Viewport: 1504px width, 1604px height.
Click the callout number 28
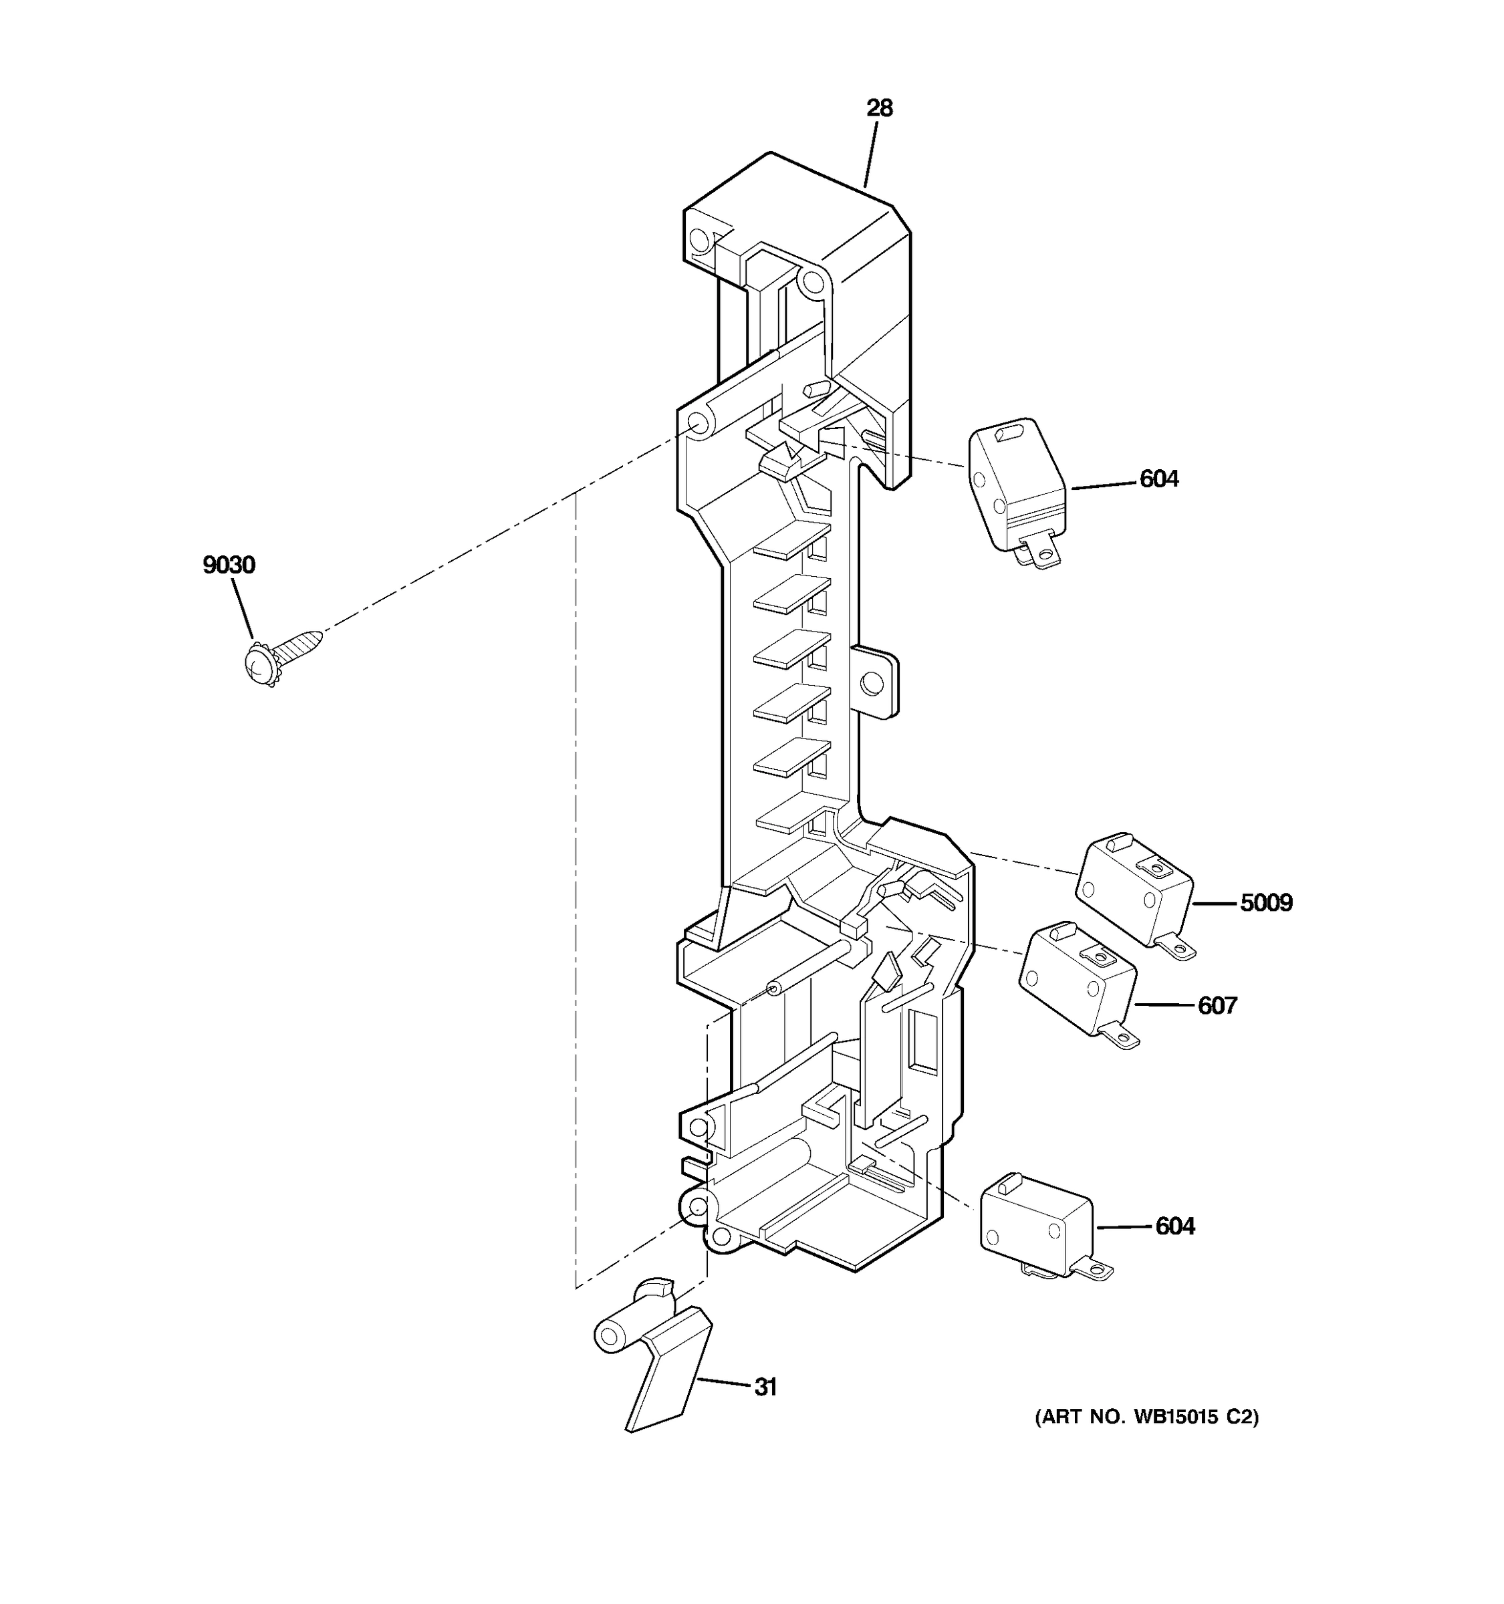point(880,108)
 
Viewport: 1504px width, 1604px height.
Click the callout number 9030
point(229,565)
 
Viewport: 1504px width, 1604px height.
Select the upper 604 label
point(1158,479)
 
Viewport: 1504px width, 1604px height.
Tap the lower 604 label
point(1175,1226)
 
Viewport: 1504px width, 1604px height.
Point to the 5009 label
point(1266,903)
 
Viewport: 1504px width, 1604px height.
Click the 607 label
point(1217,1005)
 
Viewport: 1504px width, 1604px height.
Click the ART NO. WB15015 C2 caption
point(1146,1440)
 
